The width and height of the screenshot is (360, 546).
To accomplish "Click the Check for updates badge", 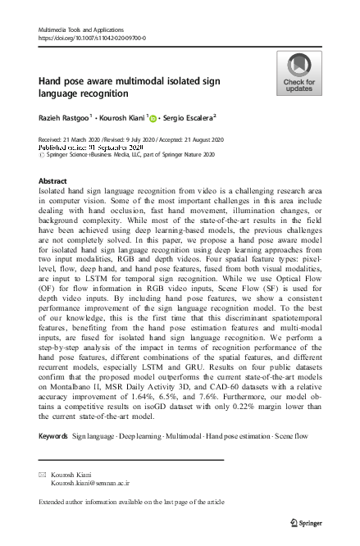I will [298, 73].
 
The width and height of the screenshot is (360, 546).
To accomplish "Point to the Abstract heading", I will [52, 180].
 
